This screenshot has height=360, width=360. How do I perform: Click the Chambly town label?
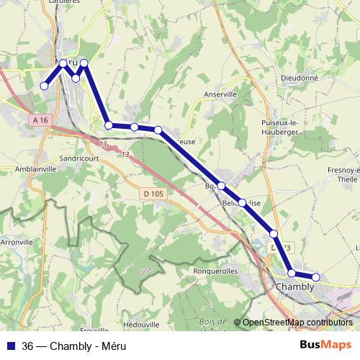(295, 287)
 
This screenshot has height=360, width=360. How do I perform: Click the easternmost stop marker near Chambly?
(315, 277)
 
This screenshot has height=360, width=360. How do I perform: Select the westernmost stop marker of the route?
(44, 86)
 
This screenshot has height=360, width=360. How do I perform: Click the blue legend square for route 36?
(10, 343)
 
